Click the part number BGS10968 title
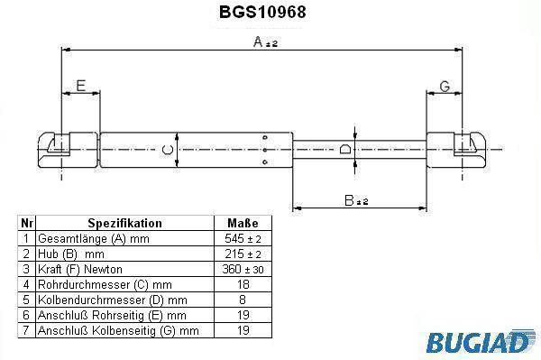point(262,12)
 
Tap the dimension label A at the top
point(265,42)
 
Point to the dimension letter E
point(81,86)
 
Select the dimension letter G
point(445,87)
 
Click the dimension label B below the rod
point(356,200)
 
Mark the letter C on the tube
point(168,150)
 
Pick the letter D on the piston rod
point(345,149)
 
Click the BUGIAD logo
point(480,341)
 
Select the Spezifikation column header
point(124,223)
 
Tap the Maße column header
point(243,223)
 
